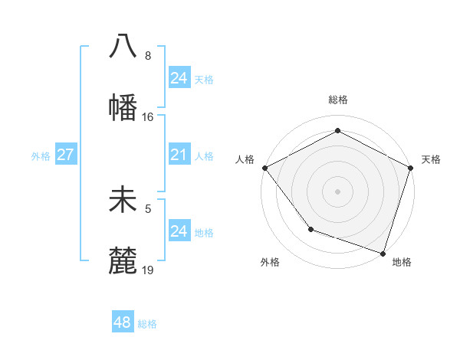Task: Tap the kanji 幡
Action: tap(123, 106)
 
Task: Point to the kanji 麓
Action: tap(123, 260)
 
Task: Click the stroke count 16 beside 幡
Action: tap(148, 116)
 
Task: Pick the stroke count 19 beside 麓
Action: tap(148, 270)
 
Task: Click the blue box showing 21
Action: tap(179, 155)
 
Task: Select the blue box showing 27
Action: tap(65, 155)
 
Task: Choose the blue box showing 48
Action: tap(123, 322)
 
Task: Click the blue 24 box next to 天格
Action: tap(179, 78)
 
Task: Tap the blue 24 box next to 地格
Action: tap(179, 231)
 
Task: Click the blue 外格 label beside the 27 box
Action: tap(41, 156)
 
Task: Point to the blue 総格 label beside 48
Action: tap(147, 324)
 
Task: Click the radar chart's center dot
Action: tap(337, 191)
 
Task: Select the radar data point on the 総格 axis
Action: tap(337, 130)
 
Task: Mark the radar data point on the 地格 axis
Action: tap(383, 253)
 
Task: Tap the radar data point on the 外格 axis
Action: tap(310, 228)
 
